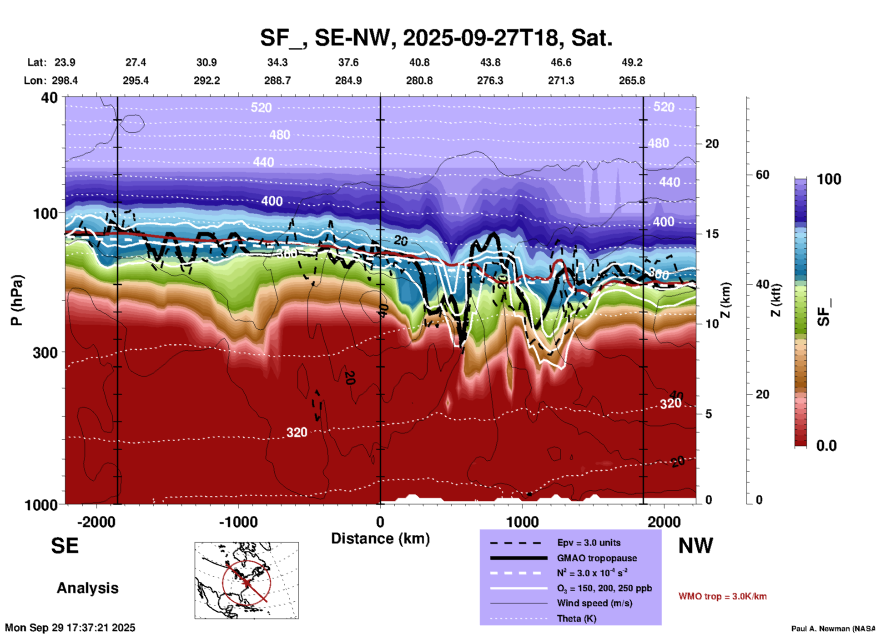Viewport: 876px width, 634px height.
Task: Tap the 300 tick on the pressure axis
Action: pos(45,352)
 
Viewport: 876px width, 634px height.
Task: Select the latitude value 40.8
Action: pos(419,62)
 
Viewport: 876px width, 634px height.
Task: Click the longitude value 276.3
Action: pos(490,81)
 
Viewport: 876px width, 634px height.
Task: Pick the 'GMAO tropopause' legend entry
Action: pos(597,558)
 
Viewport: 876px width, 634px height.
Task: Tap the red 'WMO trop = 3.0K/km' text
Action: pos(722,596)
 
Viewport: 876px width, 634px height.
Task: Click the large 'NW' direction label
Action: pos(695,546)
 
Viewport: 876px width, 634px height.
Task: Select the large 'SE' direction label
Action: pos(65,546)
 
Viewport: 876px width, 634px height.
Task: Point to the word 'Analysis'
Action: pos(87,588)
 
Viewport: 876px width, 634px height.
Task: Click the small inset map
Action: pos(247,580)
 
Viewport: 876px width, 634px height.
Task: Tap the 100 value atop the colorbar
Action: pos(829,179)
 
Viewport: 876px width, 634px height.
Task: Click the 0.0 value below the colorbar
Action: pos(826,446)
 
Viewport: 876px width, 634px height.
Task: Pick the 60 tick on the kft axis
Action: pos(762,175)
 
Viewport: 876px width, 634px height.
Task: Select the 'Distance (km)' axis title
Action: pos(380,538)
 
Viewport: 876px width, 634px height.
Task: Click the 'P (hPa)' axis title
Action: pos(17,300)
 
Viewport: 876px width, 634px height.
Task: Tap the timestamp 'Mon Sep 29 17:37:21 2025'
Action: pos(70,628)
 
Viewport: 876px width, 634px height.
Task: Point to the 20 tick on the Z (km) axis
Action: pos(712,144)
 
